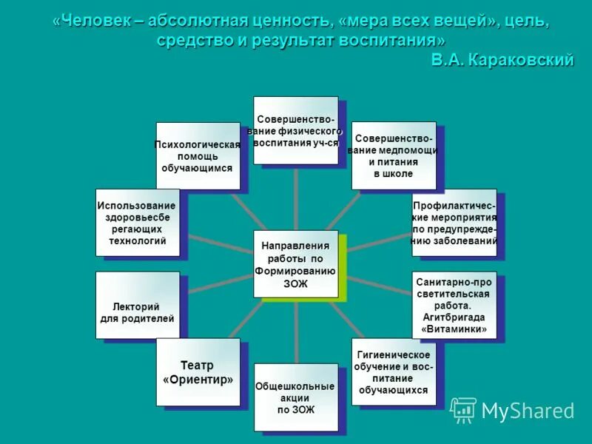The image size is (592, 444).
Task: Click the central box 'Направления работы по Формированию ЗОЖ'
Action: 295,264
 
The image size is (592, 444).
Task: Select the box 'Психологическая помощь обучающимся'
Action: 198,156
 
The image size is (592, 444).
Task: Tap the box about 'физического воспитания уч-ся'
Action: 295,130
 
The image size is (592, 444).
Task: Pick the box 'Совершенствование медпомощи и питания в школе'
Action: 393,155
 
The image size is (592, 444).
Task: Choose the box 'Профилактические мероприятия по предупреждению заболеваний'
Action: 454,224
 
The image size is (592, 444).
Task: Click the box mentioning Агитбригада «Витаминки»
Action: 454,305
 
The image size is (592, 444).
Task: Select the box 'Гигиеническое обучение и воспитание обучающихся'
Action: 393,371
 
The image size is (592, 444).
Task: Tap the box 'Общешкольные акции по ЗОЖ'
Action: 295,397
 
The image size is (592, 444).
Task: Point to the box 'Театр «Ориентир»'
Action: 198,372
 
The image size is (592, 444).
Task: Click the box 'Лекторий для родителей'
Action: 138,306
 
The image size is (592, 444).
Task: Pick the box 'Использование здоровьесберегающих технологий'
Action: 138,223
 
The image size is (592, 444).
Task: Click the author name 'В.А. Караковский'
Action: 502,60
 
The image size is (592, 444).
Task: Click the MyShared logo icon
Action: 463,410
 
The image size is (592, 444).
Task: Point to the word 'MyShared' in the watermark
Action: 528,411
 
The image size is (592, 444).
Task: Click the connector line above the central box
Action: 295,196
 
